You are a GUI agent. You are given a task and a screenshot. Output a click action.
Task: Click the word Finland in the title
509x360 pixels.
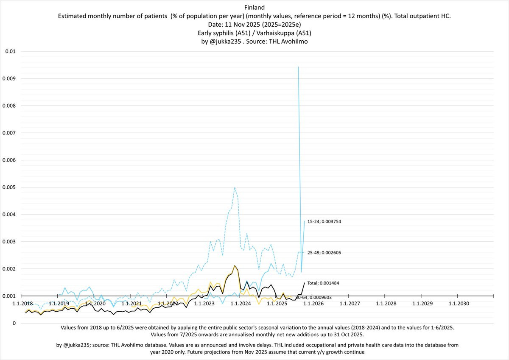coord(255,7)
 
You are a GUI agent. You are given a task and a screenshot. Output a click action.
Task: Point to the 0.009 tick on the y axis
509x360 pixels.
coord(10,78)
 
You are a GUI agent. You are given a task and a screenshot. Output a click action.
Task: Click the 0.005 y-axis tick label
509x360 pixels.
coord(10,187)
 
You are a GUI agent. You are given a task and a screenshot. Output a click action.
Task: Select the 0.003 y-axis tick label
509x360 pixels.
coord(10,241)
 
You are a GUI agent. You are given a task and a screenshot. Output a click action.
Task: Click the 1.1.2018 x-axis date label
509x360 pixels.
coord(22,304)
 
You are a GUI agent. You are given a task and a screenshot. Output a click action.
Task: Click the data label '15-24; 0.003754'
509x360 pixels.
coord(327,221)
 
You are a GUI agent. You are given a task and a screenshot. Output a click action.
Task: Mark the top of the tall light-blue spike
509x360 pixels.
coord(299,67)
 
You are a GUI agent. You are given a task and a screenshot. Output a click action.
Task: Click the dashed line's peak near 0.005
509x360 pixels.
coord(235,187)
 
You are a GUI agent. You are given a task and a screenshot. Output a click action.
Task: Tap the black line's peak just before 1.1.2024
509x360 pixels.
coord(235,265)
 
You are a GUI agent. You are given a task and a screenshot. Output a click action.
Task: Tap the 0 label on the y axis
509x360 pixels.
coord(14,323)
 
